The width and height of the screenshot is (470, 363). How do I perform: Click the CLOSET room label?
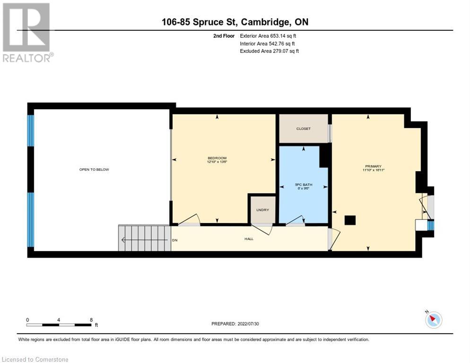click(304, 129)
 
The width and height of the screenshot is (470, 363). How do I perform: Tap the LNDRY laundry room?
click(262, 210)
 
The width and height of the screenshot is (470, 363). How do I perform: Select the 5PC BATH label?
click(304, 185)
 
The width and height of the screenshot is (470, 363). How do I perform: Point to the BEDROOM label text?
click(217, 158)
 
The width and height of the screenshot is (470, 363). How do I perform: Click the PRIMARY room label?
click(373, 166)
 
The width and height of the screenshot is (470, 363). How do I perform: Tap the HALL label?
click(249, 239)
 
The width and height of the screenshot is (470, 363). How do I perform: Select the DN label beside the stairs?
click(174, 240)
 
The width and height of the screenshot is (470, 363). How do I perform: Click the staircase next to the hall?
click(144, 238)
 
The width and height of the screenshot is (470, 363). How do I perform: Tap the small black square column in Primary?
click(350, 220)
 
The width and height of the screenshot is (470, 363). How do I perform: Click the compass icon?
click(433, 320)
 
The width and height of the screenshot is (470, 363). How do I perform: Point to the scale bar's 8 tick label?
click(91, 320)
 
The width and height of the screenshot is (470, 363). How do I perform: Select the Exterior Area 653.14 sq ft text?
click(268, 35)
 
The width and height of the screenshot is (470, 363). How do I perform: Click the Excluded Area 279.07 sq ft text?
click(269, 51)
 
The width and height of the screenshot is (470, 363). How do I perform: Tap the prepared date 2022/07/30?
click(235, 324)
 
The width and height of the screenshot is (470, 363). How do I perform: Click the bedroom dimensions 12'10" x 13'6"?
click(217, 163)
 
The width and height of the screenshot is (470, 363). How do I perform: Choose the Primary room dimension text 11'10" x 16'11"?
click(373, 171)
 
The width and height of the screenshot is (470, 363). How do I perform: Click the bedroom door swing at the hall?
click(189, 220)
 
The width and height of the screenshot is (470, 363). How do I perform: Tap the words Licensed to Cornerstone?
click(35, 359)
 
